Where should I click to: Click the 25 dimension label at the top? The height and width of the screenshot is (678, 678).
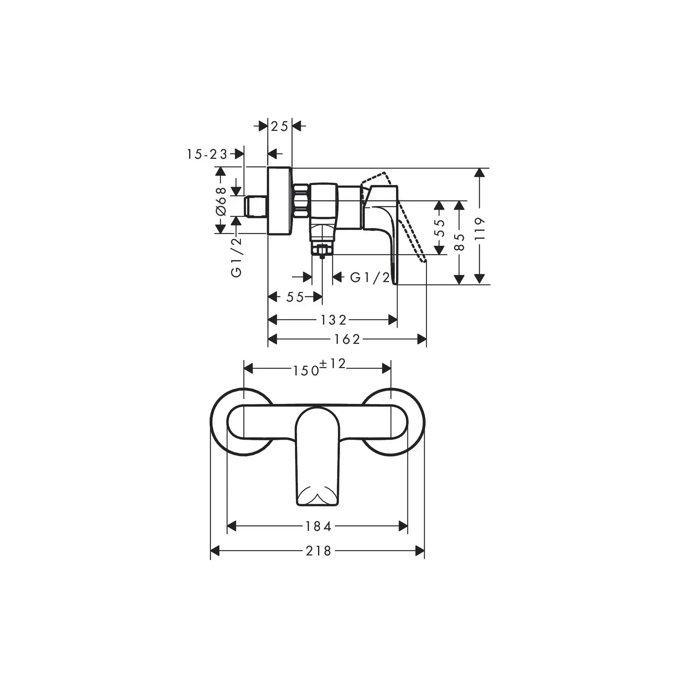tap(279, 126)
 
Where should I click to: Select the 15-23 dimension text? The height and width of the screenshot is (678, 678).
tap(207, 154)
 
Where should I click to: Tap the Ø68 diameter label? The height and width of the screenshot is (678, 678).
tap(221, 201)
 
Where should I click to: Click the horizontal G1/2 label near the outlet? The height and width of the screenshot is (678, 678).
tap(370, 277)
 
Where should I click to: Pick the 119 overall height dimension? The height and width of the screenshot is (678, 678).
tap(480, 229)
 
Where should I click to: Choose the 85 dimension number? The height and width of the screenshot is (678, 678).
tap(459, 242)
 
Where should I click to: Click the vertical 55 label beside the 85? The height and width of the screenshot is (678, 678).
tap(440, 228)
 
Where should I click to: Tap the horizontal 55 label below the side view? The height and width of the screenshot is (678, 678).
tap(295, 297)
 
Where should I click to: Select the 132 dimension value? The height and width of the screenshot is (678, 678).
tap(333, 320)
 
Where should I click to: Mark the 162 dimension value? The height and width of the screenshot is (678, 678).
tap(347, 339)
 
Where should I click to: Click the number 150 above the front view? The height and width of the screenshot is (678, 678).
tap(306, 371)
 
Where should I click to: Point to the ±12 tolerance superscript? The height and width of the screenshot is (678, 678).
tap(333, 364)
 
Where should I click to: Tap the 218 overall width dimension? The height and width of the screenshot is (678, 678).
tap(318, 551)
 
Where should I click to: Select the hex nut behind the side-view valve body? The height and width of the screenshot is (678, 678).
tap(301, 201)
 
